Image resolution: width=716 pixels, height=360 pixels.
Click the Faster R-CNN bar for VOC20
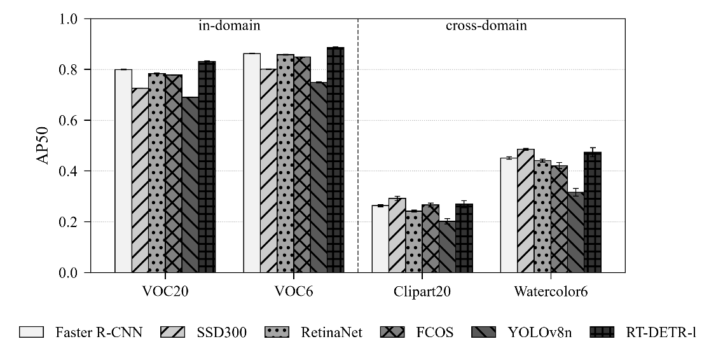[123, 171]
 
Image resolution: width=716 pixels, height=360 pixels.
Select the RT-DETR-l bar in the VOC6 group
[336, 160]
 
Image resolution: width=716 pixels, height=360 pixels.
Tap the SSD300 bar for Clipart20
[397, 235]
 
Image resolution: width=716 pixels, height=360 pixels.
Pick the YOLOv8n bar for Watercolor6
[576, 233]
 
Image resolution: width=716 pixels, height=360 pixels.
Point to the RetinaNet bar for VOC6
[286, 163]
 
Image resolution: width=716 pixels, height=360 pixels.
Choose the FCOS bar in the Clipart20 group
[430, 239]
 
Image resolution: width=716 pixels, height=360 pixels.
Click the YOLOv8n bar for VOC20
[190, 184]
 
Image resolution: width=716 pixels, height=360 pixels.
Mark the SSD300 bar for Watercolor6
[526, 211]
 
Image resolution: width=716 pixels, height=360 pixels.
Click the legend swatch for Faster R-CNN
[32, 332]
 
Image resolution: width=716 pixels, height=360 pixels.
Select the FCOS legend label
[435, 332]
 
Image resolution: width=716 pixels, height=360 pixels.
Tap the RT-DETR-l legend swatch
[602, 332]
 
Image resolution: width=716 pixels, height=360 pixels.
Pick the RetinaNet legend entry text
[331, 332]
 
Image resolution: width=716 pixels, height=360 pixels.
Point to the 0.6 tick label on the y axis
[69, 120]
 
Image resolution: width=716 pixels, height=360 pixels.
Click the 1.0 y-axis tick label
[69, 19]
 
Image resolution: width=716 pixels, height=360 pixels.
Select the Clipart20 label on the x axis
[422, 291]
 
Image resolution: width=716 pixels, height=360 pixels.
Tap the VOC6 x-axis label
[294, 291]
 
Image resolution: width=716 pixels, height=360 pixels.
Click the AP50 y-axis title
[43, 146]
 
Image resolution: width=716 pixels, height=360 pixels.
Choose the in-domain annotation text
[229, 25]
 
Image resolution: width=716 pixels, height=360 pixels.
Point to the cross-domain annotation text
[486, 25]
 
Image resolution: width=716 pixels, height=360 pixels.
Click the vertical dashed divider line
[357, 146]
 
